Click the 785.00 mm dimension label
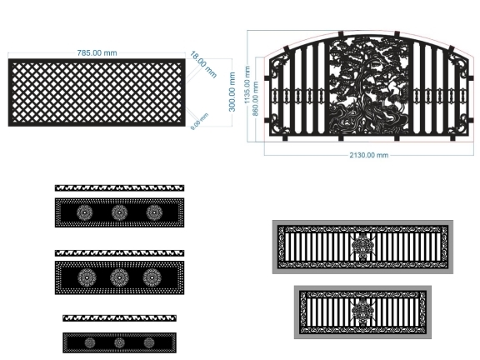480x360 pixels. point(97,53)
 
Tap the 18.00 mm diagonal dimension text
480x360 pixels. point(203,65)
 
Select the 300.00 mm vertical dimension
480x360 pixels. point(232,92)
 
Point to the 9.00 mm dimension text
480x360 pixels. point(199,121)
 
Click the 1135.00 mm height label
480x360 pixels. point(247,84)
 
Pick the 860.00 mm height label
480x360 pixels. point(255,98)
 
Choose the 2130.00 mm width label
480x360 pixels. point(369,155)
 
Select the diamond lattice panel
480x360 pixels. point(97,92)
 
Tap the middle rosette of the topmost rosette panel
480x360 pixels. point(119,212)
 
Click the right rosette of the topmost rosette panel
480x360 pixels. point(154,212)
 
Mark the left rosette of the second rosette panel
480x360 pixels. point(87,277)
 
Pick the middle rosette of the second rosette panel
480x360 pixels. point(119,277)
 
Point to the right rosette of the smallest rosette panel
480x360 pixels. point(149,342)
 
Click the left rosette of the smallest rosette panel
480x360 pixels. point(90,342)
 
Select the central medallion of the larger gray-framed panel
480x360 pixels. point(362,247)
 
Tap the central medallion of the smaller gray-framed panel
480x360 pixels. point(362,312)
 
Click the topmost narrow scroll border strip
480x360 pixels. point(119,188)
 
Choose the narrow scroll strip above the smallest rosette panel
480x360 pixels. point(119,318)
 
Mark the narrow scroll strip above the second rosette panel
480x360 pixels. point(119,253)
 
